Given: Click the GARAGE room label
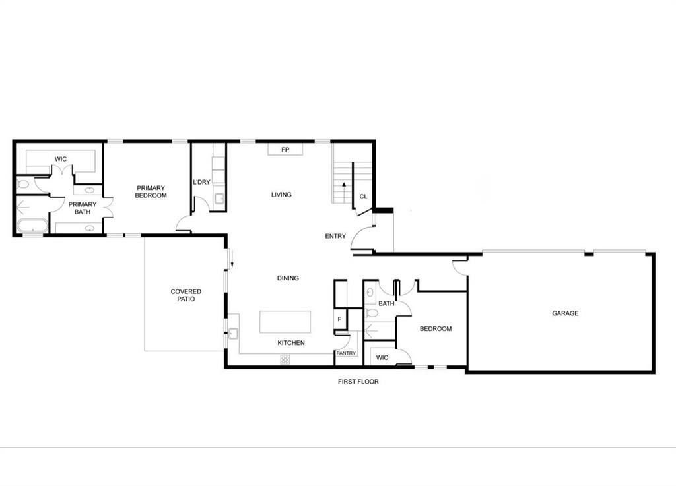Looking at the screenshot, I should pos(565,313).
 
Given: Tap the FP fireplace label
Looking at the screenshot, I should pos(285,150).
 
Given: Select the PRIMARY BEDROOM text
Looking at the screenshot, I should pos(151,191).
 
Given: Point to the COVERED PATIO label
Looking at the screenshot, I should pos(186,295).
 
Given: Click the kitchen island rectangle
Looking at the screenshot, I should pos(285,322).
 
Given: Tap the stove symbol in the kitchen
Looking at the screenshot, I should pos(285,359).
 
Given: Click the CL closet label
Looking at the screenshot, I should pos(363,197).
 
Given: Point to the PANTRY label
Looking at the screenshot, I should pos(346,353).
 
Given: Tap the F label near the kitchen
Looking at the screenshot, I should pos(339,320).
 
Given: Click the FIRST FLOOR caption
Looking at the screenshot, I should pos(358,382).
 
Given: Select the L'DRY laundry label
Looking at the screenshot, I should pos(201,182).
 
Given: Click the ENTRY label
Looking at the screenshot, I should pos(335,236).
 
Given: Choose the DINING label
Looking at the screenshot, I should pos(288,278).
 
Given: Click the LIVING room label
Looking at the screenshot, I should pos(281,195).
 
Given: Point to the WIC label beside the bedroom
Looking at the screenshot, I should pos(382,358).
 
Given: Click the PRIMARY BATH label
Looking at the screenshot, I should pos(83,208).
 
